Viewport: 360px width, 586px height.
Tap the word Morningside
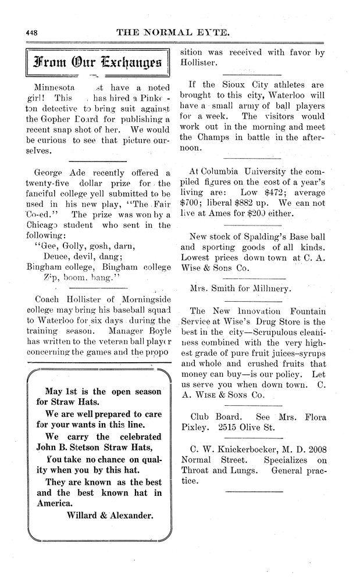pos(136,299)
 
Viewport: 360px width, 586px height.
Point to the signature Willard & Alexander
pos(110,514)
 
